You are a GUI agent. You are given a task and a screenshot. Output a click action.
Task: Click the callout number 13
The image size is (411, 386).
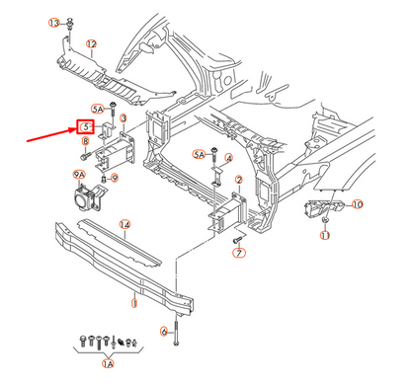tap(55, 22)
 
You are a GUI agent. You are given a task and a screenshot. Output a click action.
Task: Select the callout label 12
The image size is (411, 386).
tap(91, 44)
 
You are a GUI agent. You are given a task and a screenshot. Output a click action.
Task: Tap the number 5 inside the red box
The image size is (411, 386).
tap(86, 127)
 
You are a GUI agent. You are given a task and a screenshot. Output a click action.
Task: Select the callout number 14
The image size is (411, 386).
tap(125, 225)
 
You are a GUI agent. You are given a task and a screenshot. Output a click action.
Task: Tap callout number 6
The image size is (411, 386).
tap(163, 331)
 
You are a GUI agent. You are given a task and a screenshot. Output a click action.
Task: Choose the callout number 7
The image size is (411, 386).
tap(238, 254)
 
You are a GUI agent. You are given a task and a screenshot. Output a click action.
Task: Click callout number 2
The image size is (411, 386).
tap(239, 180)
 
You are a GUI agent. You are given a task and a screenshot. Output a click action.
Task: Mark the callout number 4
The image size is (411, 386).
tap(228, 158)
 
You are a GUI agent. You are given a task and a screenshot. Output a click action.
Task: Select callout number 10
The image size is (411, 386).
tap(358, 204)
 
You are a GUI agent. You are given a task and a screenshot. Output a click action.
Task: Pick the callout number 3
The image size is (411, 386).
tap(125, 117)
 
